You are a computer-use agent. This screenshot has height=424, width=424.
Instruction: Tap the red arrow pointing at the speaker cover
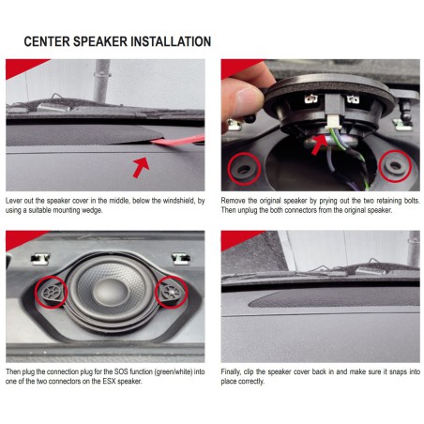click(141, 167)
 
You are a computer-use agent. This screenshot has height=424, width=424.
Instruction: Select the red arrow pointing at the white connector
click(320, 144)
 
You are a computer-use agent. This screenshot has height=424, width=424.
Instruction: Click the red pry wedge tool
click(178, 141)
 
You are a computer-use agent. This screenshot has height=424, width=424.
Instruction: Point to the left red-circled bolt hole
click(244, 169)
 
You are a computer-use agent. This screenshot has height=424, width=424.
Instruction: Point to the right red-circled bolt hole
click(395, 166)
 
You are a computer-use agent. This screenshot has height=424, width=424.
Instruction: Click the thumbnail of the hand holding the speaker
click(321, 125)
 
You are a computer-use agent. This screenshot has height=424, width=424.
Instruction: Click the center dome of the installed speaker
click(111, 293)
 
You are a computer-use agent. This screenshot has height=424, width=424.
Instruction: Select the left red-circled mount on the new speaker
click(51, 292)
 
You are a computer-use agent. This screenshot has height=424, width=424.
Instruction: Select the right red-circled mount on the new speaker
click(172, 292)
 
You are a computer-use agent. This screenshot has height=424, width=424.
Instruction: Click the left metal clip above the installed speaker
click(40, 258)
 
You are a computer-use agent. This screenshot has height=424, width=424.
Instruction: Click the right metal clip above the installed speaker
click(181, 258)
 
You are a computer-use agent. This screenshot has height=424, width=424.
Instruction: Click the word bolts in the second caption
click(412, 201)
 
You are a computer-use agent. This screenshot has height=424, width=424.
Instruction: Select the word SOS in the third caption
click(121, 371)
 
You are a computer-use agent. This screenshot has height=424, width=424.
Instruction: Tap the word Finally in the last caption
click(231, 371)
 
